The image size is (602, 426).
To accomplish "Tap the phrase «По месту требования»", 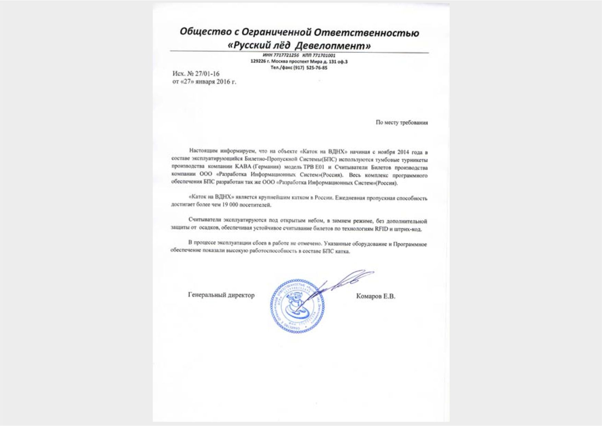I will (x=402, y=122).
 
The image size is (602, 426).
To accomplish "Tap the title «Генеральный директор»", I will (x=221, y=295).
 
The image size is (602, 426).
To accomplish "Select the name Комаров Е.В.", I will (x=375, y=296).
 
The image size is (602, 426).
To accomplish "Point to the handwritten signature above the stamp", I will (x=343, y=281).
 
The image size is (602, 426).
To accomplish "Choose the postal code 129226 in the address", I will (x=257, y=62).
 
